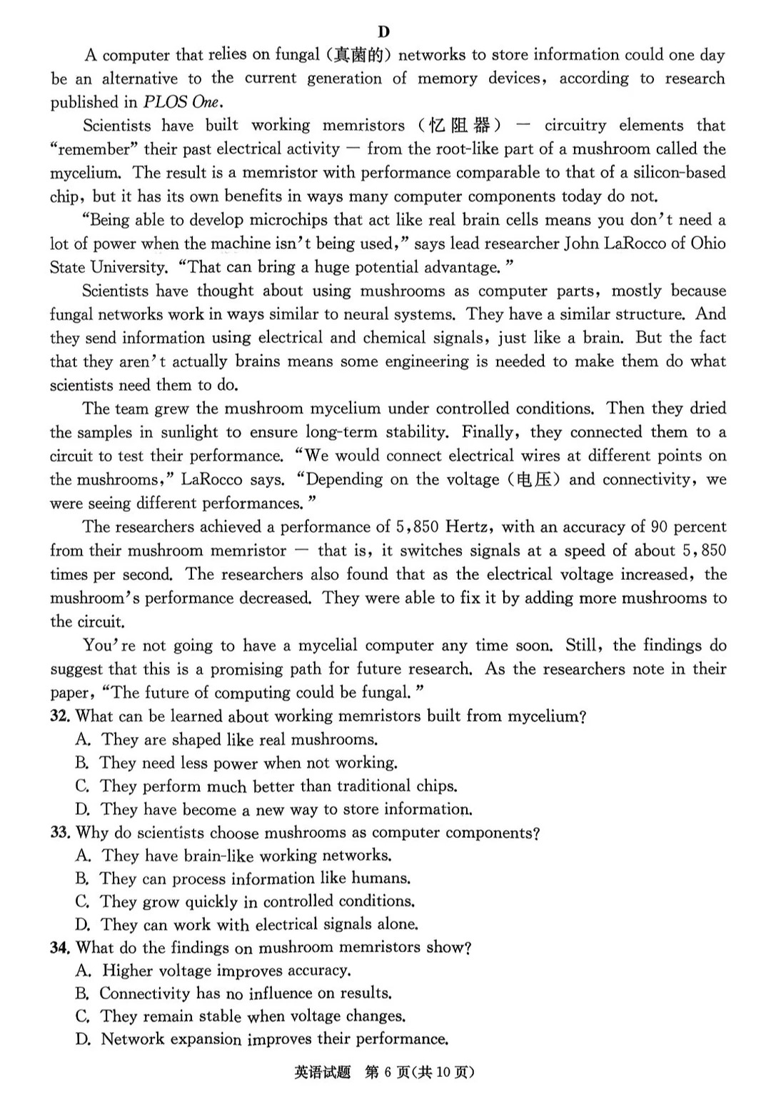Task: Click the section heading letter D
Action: pos(384,31)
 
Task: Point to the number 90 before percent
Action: pos(658,527)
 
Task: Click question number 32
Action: pos(59,716)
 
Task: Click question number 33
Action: pos(59,833)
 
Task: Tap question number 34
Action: pos(59,948)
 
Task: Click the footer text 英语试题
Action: pos(322,1072)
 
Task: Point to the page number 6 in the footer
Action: pos(393,1072)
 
